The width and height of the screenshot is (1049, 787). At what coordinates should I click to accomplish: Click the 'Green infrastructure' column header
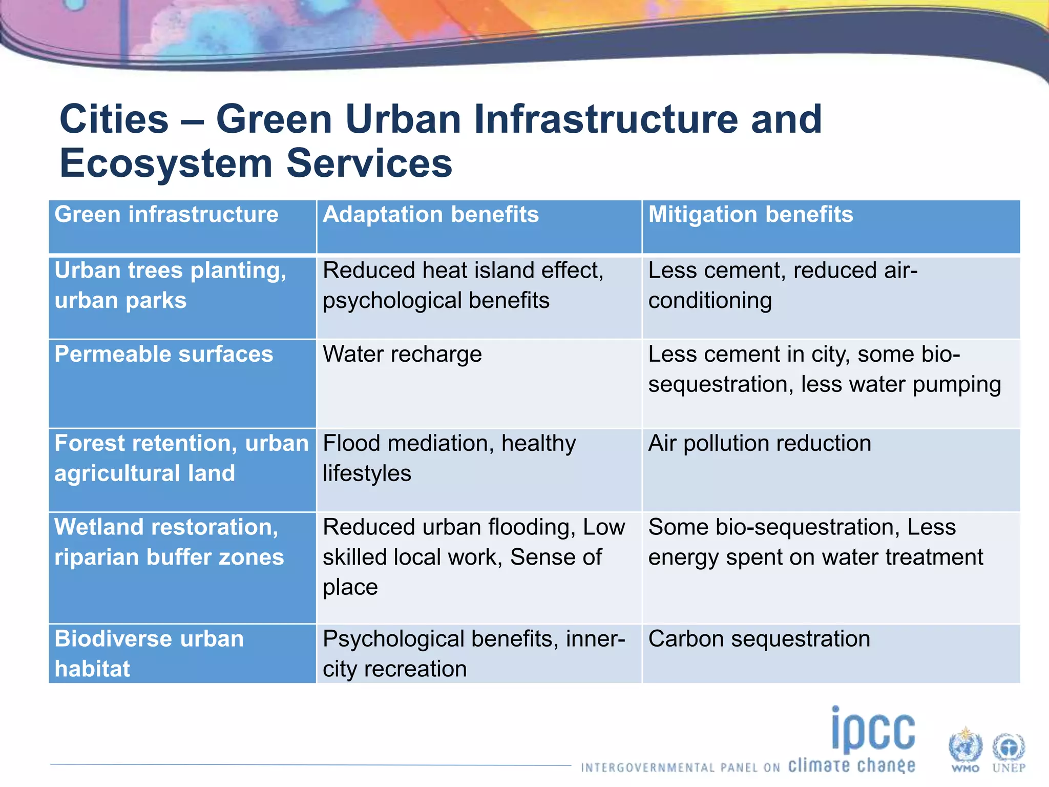(x=166, y=215)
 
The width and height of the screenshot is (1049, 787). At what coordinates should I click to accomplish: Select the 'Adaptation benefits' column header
(x=430, y=215)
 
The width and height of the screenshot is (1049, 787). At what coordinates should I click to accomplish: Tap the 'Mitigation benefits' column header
(x=750, y=215)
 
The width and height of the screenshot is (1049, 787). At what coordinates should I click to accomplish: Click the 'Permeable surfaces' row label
(x=164, y=355)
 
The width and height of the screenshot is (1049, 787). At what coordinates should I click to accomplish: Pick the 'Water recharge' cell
(x=402, y=355)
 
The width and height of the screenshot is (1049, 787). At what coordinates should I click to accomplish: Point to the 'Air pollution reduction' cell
(x=760, y=444)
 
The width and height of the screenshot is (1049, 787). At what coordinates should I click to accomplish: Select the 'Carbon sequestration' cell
(x=759, y=639)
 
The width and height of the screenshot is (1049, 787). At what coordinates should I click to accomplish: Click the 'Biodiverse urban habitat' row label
(x=149, y=653)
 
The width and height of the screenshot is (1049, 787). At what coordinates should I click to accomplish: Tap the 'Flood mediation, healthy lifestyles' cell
(x=449, y=458)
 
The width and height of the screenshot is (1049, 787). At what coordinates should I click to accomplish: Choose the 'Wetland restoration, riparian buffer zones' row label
(x=169, y=542)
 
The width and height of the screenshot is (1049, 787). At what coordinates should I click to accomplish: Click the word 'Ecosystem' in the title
(x=166, y=164)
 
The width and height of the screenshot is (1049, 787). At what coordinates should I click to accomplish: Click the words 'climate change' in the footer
(x=851, y=766)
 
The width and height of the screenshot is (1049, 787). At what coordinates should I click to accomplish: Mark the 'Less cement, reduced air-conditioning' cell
(x=783, y=285)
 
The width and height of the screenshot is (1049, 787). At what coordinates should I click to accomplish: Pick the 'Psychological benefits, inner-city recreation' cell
(x=473, y=654)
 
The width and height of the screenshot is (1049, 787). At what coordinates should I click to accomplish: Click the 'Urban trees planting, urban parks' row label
(x=170, y=285)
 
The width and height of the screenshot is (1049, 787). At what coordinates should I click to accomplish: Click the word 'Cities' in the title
(x=114, y=119)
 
